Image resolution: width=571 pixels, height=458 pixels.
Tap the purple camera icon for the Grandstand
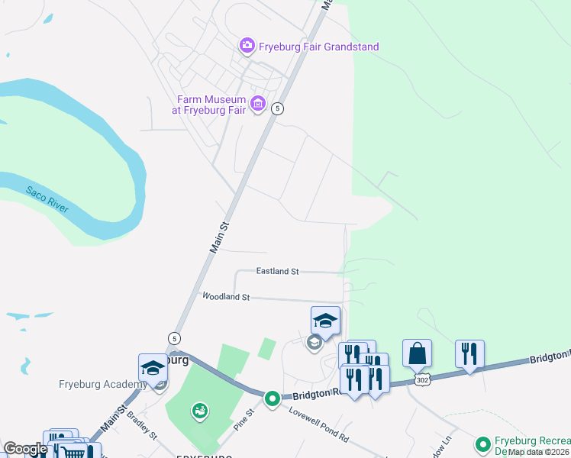247,47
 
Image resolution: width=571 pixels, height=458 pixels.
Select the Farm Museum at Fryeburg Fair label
211,105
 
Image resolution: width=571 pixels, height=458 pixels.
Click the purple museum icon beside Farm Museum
258,104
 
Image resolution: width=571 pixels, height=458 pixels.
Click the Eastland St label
277,271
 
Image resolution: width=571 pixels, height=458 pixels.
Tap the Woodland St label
225,296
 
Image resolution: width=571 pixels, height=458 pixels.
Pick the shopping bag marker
417,354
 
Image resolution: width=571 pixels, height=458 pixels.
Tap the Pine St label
244,418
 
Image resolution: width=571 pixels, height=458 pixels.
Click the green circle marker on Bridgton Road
272,398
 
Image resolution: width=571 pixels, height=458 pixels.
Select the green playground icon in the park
200,411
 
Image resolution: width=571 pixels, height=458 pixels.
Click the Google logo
25,449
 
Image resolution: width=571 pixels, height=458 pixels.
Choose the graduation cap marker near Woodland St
325,321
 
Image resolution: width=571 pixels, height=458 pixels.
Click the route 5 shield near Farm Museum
278,108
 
